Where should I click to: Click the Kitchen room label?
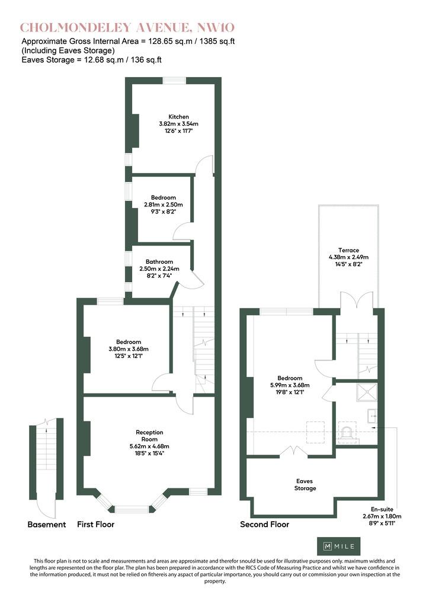tap(178, 117)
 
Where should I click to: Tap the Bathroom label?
tap(159, 261)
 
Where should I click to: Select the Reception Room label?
tap(149, 436)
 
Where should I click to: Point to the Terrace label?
tap(348, 250)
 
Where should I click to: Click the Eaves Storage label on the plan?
tap(305, 485)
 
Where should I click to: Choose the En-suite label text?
tap(382, 509)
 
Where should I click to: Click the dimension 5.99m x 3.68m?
tap(290, 385)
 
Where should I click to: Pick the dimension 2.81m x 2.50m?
tap(163, 205)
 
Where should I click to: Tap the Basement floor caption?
tap(47, 525)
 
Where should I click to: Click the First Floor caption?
tap(95, 525)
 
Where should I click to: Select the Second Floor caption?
tap(265, 525)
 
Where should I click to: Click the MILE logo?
tap(339, 546)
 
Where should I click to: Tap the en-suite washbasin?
tap(372, 416)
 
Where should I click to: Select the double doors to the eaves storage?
tap(294, 451)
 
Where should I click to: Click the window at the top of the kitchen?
tap(174, 81)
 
